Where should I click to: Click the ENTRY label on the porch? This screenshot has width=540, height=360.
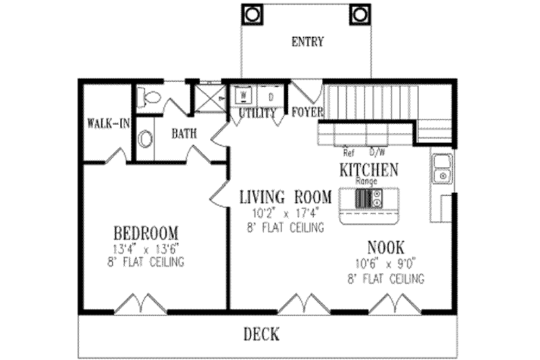point(307,42)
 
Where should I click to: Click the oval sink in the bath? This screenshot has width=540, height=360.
point(144,140)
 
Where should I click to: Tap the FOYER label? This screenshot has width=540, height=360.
point(308,112)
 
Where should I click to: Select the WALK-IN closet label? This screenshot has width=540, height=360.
point(108,124)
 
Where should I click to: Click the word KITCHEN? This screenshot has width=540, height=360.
point(368,170)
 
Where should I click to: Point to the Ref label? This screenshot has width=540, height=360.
point(348,153)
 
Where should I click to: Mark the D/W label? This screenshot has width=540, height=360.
point(376,153)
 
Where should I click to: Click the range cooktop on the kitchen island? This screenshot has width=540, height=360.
point(369,198)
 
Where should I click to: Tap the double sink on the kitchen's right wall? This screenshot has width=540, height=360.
point(441,168)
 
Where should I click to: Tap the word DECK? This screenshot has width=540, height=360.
point(261,334)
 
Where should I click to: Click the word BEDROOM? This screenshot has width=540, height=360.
point(146,230)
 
